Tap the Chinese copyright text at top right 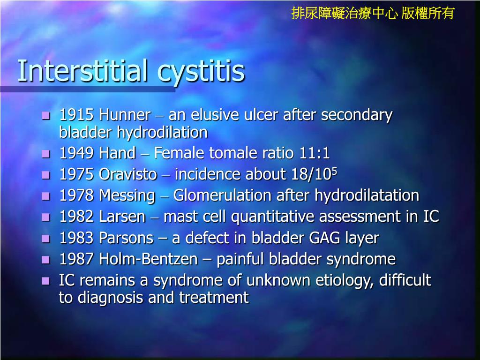click(373, 13)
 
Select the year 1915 click(77, 115)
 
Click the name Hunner click(125, 115)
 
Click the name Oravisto click(128, 174)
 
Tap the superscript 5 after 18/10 click(335, 171)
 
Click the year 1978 click(77, 195)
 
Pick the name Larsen click(122, 217)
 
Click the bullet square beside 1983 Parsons click(45, 239)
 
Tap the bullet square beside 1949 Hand click(45, 153)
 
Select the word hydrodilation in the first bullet click(162, 133)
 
